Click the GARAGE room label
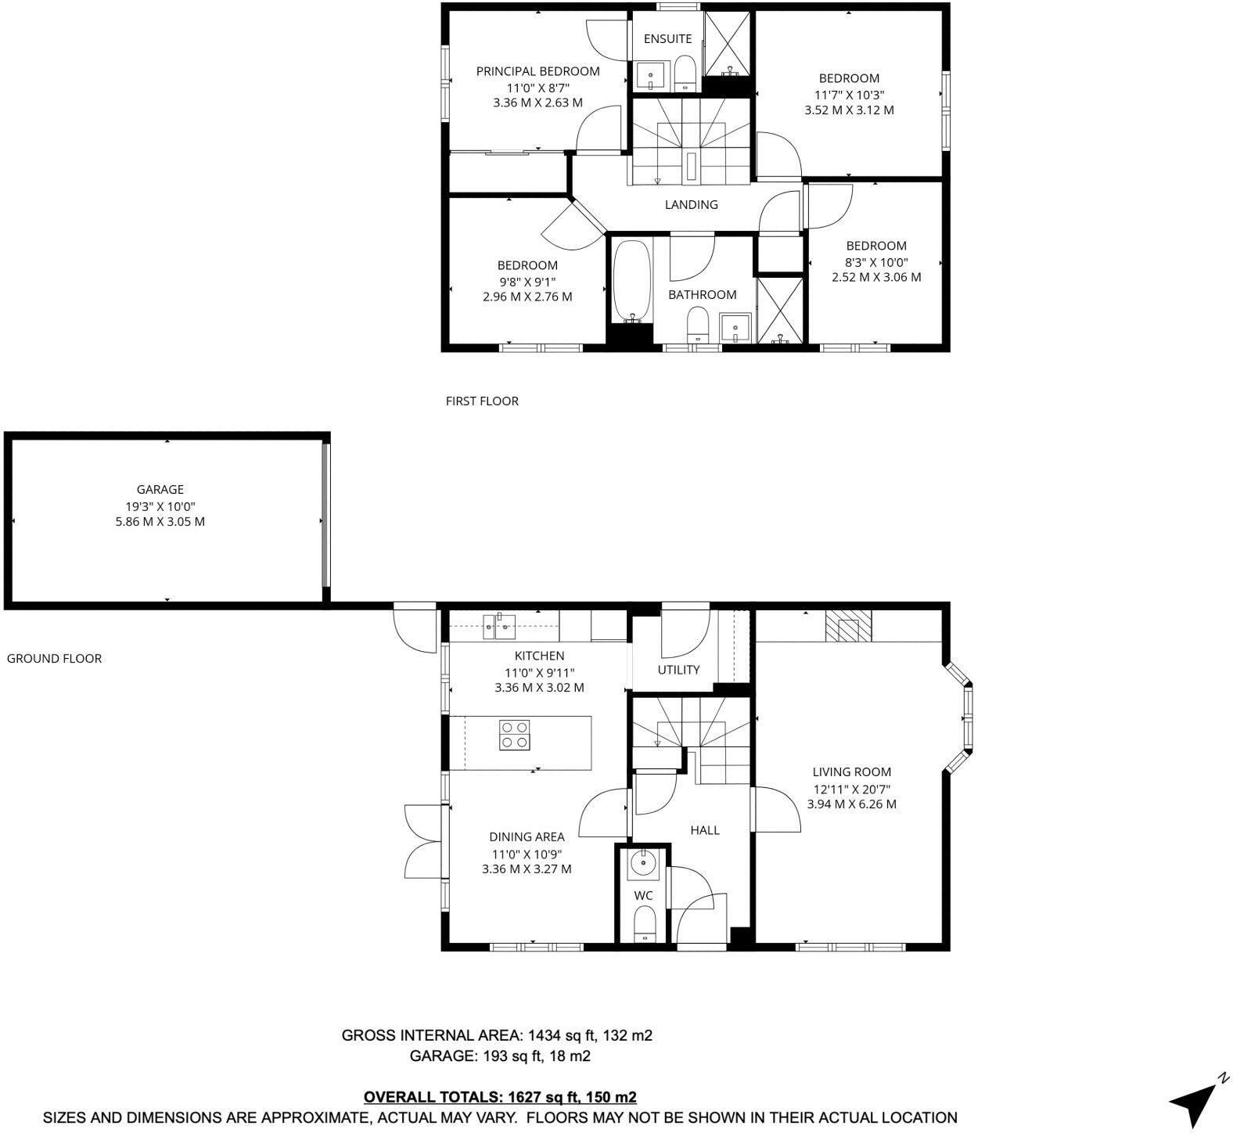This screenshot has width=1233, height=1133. (160, 490)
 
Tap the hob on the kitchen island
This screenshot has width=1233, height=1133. (515, 735)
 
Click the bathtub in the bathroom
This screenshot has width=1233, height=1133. (631, 282)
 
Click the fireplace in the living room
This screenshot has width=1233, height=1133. (848, 626)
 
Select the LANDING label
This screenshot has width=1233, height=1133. (691, 205)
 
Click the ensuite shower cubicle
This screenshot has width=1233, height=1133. (728, 44)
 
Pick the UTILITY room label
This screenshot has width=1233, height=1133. (678, 670)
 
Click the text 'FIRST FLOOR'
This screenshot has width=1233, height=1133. (482, 401)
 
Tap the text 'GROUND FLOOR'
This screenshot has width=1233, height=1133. (54, 659)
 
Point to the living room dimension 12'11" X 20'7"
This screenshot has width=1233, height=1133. (851, 790)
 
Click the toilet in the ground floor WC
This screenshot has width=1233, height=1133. (644, 924)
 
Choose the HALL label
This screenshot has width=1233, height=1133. (704, 830)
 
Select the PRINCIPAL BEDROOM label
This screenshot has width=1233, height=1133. (537, 71)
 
